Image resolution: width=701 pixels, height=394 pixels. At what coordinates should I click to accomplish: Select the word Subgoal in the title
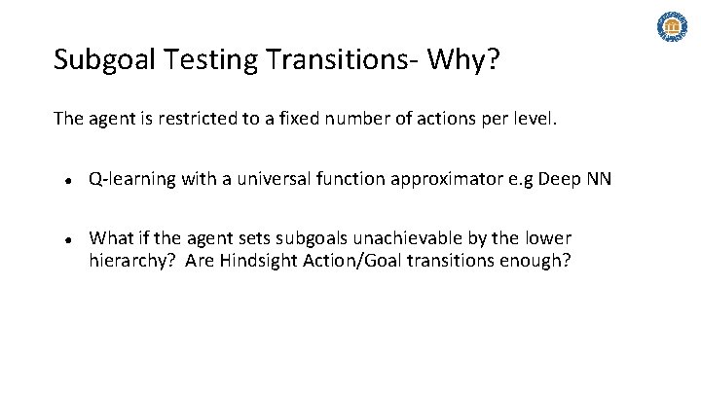pos(101,61)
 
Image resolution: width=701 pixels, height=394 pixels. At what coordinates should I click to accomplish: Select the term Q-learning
pos(128,180)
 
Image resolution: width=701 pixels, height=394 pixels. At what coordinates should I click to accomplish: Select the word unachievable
pos(409,238)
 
